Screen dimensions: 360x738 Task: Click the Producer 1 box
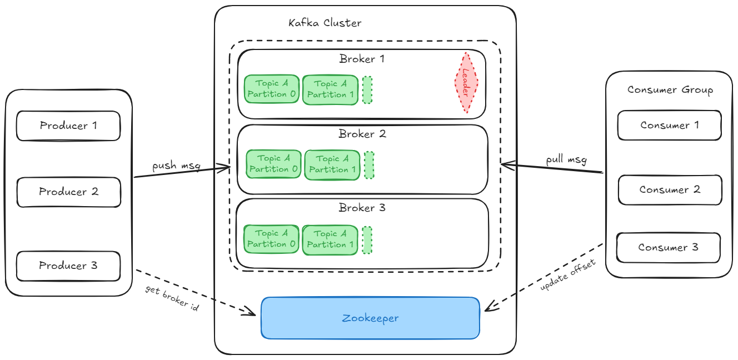tap(68, 126)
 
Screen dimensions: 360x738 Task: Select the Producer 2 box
tap(68, 192)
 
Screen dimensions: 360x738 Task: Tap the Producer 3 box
tap(68, 266)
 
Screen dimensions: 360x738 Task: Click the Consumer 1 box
tap(670, 125)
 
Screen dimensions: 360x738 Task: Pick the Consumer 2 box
tap(670, 190)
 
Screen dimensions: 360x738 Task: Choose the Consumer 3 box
tap(668, 248)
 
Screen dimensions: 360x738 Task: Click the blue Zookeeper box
tap(370, 318)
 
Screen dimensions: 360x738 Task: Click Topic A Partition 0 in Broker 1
tap(272, 89)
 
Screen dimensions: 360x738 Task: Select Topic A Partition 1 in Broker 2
tap(332, 164)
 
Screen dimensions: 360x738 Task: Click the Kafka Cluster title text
tap(325, 23)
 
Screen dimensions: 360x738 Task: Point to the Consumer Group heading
tap(670, 90)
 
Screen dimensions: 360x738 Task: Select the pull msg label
tap(566, 160)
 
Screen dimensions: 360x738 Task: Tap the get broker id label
tap(172, 298)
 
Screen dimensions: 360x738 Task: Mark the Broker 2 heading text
tap(362, 134)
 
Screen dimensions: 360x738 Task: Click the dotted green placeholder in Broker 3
tap(367, 239)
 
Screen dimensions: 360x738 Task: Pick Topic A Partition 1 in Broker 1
tap(331, 89)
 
